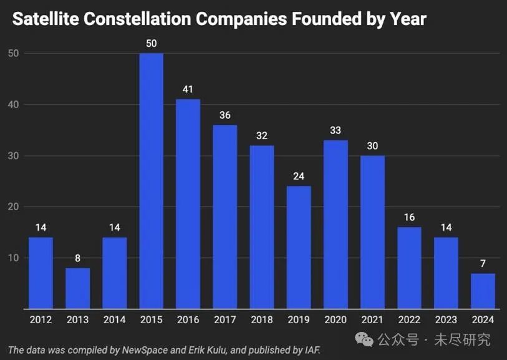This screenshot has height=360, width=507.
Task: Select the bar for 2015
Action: pyautogui.click(x=151, y=181)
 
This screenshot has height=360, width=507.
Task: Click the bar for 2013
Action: pyautogui.click(x=77, y=288)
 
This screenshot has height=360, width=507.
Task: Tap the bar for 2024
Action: pyautogui.click(x=483, y=291)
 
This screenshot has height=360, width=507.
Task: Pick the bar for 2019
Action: pyautogui.click(x=299, y=248)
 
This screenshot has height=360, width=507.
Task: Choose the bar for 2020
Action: pyautogui.click(x=336, y=225)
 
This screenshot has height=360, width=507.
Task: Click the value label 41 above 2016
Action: pyautogui.click(x=188, y=89)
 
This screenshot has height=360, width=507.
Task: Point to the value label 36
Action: pyautogui.click(x=225, y=115)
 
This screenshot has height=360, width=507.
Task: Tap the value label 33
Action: pyautogui.click(x=336, y=130)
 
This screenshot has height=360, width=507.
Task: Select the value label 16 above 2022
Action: pyautogui.click(x=409, y=217)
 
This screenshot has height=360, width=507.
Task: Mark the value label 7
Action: pyautogui.click(x=483, y=263)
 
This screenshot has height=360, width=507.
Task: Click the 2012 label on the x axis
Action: pyautogui.click(x=41, y=319)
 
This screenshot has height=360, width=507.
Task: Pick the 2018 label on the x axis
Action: pyautogui.click(x=262, y=319)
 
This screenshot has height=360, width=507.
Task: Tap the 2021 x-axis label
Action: pyautogui.click(x=372, y=319)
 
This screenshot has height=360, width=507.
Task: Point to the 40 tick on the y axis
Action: pyautogui.click(x=14, y=105)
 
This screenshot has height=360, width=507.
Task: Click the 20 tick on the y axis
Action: pyautogui.click(x=14, y=207)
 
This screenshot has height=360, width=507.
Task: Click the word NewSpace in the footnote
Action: pyautogui.click(x=150, y=349)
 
